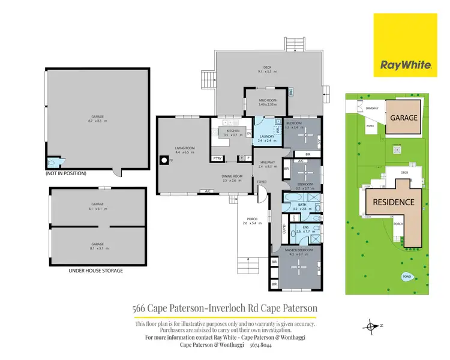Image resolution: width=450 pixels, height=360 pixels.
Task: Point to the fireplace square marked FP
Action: (x=164, y=160)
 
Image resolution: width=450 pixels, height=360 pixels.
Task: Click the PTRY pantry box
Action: (x=217, y=158)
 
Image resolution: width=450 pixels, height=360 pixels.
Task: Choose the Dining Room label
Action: (x=232, y=178)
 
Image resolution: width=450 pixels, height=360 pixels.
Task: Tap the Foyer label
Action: (x=262, y=181)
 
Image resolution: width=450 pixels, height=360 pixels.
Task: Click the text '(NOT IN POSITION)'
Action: (x=66, y=173)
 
